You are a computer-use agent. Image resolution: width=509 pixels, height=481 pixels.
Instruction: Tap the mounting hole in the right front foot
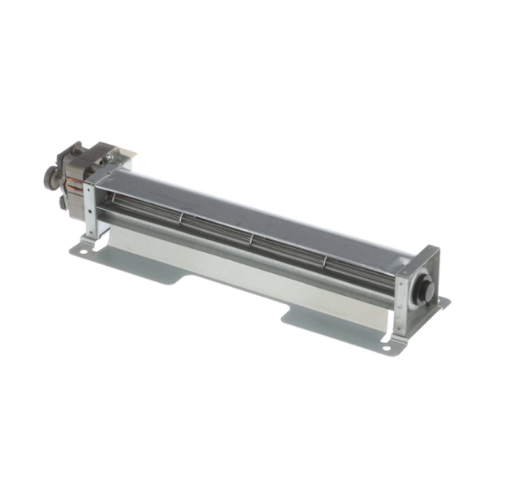(386, 348)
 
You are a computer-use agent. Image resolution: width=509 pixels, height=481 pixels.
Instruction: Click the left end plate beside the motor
(91, 206)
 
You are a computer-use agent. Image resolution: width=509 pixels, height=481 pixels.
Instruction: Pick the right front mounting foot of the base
(389, 344)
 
